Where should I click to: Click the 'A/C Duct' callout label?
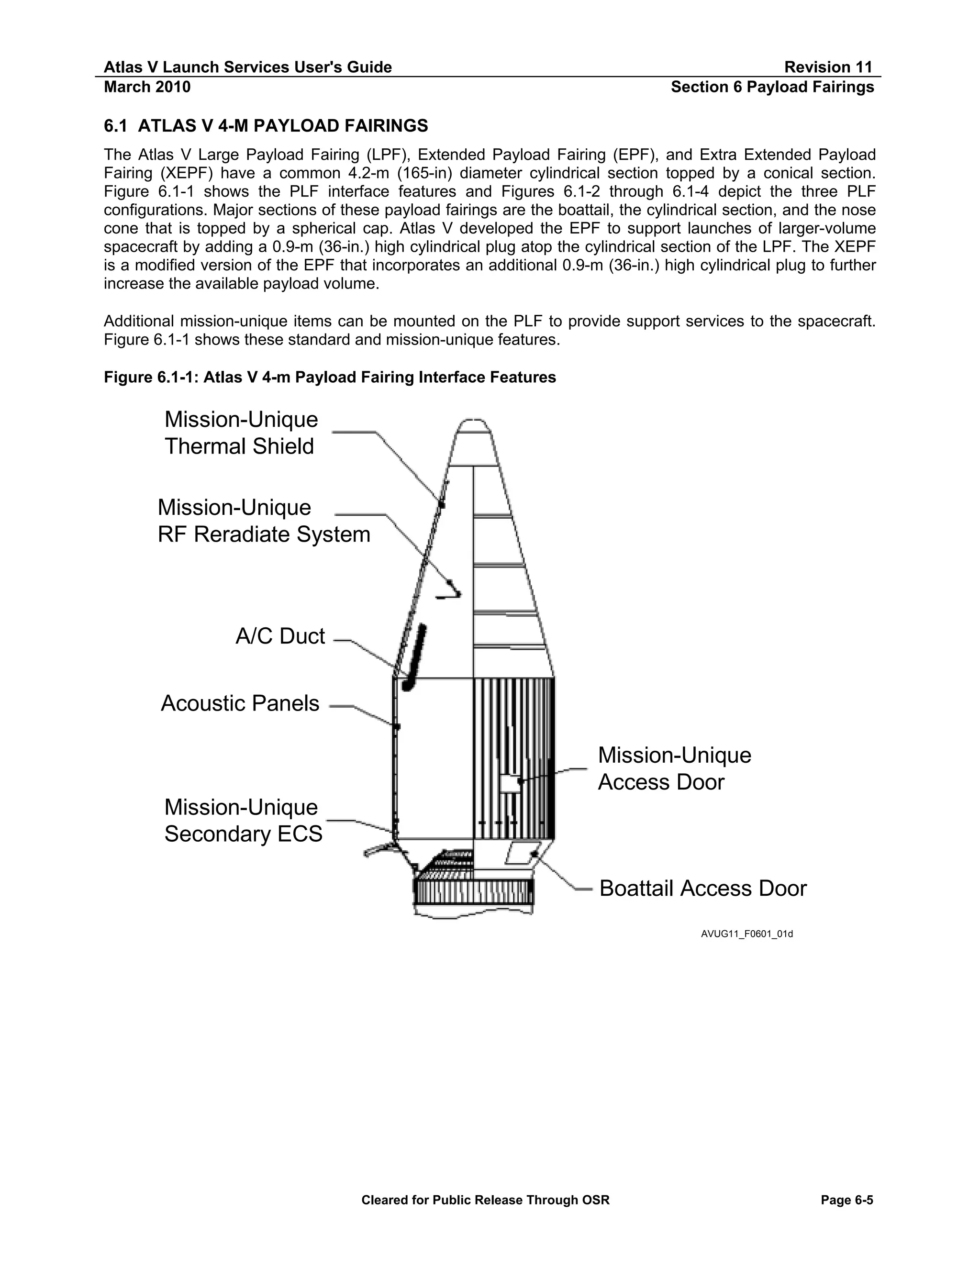(280, 636)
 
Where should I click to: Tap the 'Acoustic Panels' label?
(240, 703)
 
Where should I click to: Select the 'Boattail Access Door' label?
(702, 888)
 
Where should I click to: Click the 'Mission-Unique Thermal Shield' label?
(241, 433)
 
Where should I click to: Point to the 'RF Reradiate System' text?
(264, 534)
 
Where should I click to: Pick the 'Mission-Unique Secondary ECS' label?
(243, 820)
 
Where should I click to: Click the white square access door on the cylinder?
(510, 783)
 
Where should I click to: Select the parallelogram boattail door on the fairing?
(523, 852)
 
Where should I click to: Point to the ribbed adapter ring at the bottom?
(473, 892)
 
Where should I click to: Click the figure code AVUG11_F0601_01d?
(746, 934)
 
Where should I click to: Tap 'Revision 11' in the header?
(828, 67)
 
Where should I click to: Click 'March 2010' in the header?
(147, 87)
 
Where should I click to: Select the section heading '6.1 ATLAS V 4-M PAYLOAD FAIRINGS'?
(265, 125)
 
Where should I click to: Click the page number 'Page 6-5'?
(846, 1200)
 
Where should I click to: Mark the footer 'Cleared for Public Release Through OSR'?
(485, 1200)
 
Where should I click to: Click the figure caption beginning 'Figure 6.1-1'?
(330, 378)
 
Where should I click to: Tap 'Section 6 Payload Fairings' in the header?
(772, 87)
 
